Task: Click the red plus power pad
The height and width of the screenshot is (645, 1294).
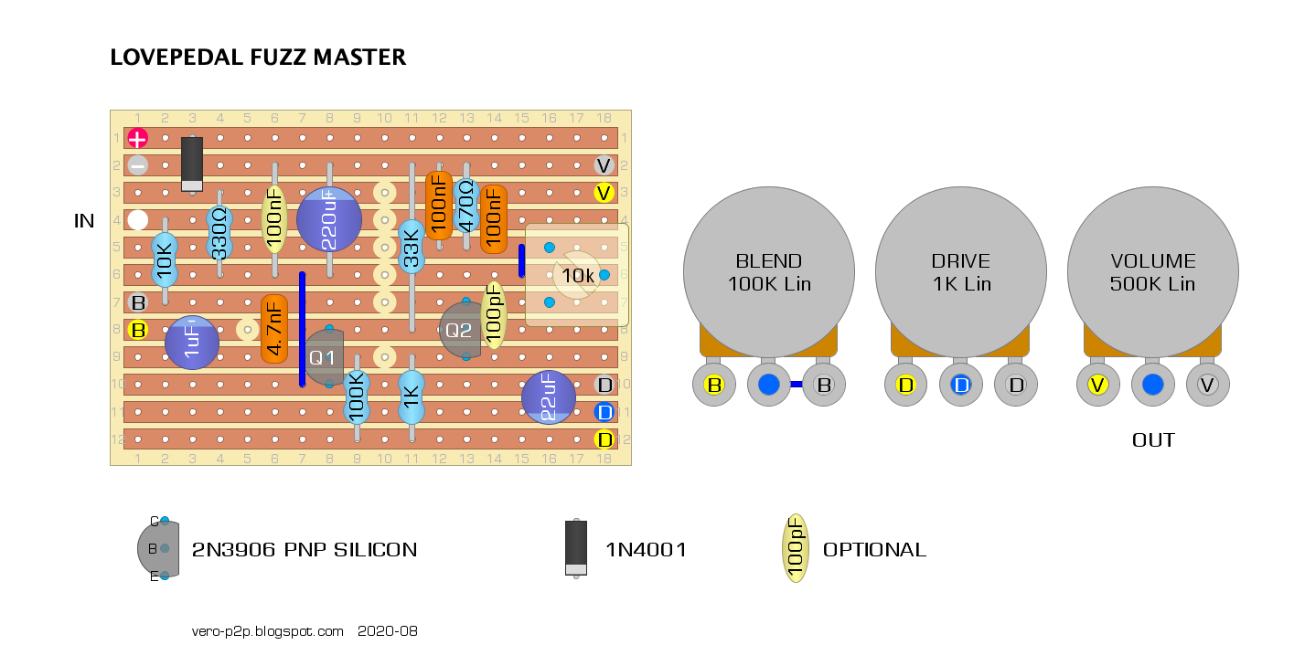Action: click(137, 139)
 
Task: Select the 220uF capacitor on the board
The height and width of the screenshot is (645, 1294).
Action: click(329, 220)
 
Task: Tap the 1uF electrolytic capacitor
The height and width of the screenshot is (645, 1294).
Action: click(192, 343)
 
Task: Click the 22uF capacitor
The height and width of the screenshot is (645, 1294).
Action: click(549, 397)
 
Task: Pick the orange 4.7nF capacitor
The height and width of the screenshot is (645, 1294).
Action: click(274, 329)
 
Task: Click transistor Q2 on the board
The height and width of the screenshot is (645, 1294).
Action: click(459, 330)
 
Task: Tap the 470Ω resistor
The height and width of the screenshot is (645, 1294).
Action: click(466, 206)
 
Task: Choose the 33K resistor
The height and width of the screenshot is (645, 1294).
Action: click(412, 247)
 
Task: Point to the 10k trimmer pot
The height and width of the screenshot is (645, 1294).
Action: click(577, 275)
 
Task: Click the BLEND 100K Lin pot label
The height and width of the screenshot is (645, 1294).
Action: click(769, 272)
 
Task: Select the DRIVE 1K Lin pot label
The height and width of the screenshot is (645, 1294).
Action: click(961, 272)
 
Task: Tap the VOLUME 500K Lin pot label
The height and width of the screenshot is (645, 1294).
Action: click(1152, 272)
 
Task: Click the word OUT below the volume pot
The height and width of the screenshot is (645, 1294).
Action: click(1153, 440)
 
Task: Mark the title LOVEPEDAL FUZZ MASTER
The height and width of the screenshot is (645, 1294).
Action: click(258, 58)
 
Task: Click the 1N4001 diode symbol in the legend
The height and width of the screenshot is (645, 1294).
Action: click(575, 548)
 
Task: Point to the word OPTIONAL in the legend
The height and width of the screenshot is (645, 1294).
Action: click(874, 550)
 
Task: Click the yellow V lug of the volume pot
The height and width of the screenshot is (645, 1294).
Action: click(1097, 386)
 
